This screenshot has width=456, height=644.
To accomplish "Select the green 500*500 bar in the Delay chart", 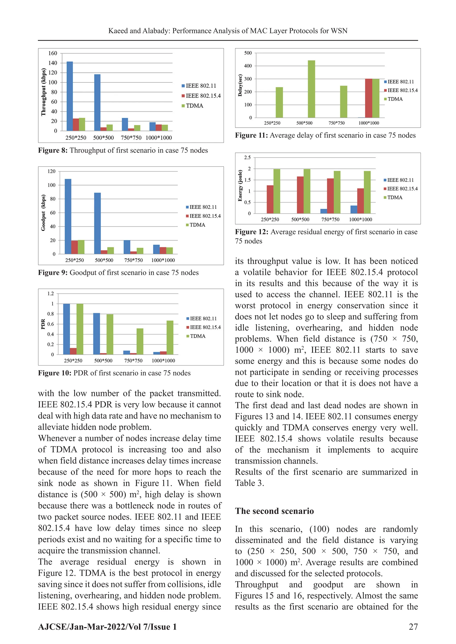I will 311,89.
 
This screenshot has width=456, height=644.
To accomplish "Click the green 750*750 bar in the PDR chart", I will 140,341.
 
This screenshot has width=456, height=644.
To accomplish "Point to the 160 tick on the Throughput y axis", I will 53,53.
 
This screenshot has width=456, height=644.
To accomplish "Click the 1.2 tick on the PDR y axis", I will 51,294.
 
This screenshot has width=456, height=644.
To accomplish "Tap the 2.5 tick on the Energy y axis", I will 247,158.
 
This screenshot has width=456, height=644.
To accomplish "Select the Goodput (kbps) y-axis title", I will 43,213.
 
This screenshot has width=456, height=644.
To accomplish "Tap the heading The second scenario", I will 274,511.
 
